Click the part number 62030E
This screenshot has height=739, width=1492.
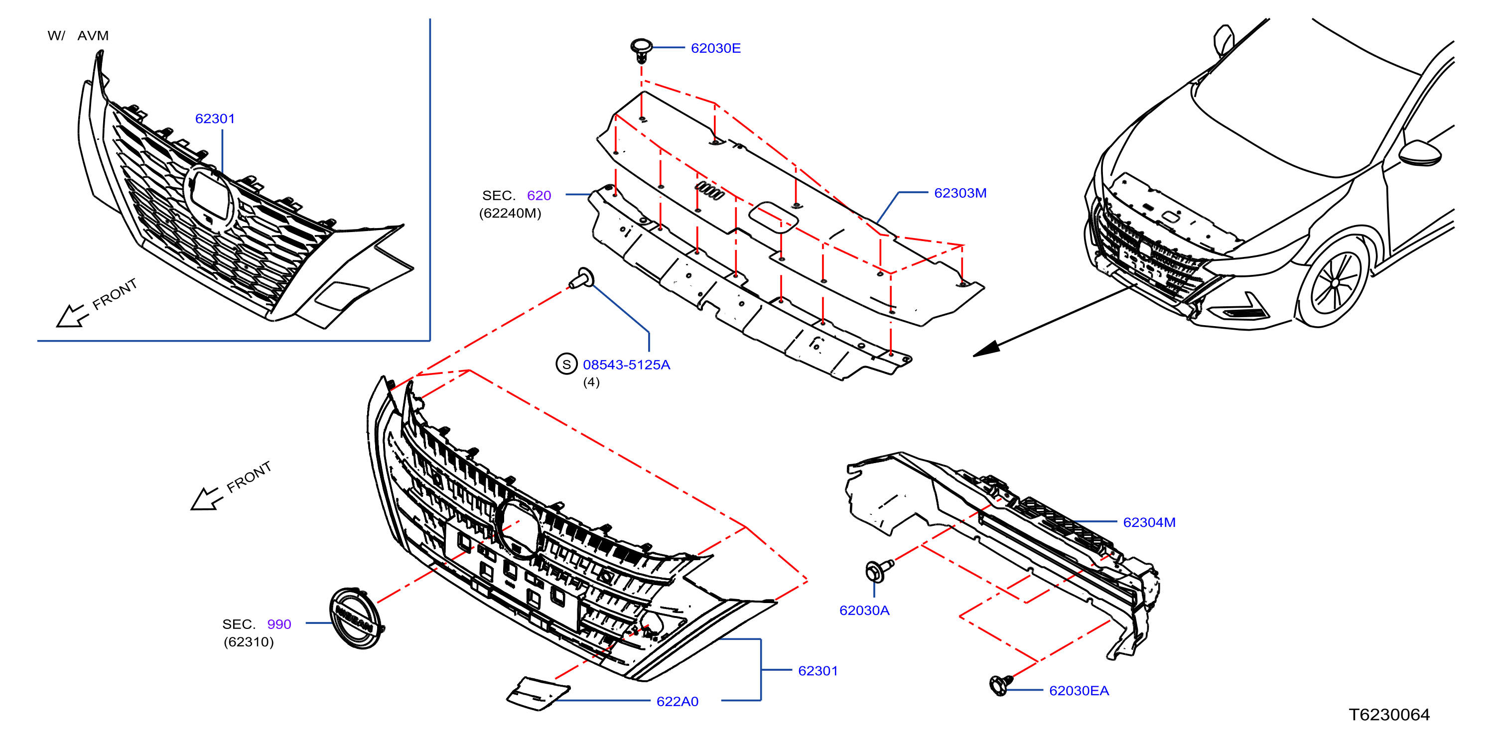pyautogui.click(x=715, y=48)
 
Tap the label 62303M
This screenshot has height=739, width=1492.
pyautogui.click(x=960, y=193)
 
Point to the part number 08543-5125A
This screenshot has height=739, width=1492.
pyautogui.click(x=626, y=365)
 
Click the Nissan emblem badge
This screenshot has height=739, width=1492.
pyautogui.click(x=357, y=618)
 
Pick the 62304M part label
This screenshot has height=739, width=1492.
pyautogui.click(x=1149, y=522)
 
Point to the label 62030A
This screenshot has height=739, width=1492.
pyautogui.click(x=864, y=611)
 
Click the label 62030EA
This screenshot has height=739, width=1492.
pyautogui.click(x=1079, y=691)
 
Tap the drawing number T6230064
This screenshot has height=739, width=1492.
pyautogui.click(x=1389, y=715)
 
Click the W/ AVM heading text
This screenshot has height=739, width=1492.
pyautogui.click(x=78, y=36)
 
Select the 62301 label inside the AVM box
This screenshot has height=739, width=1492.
pyautogui.click(x=215, y=119)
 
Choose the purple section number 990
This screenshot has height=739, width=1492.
pyautogui.click(x=279, y=624)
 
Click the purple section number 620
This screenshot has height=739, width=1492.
pyautogui.click(x=539, y=196)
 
